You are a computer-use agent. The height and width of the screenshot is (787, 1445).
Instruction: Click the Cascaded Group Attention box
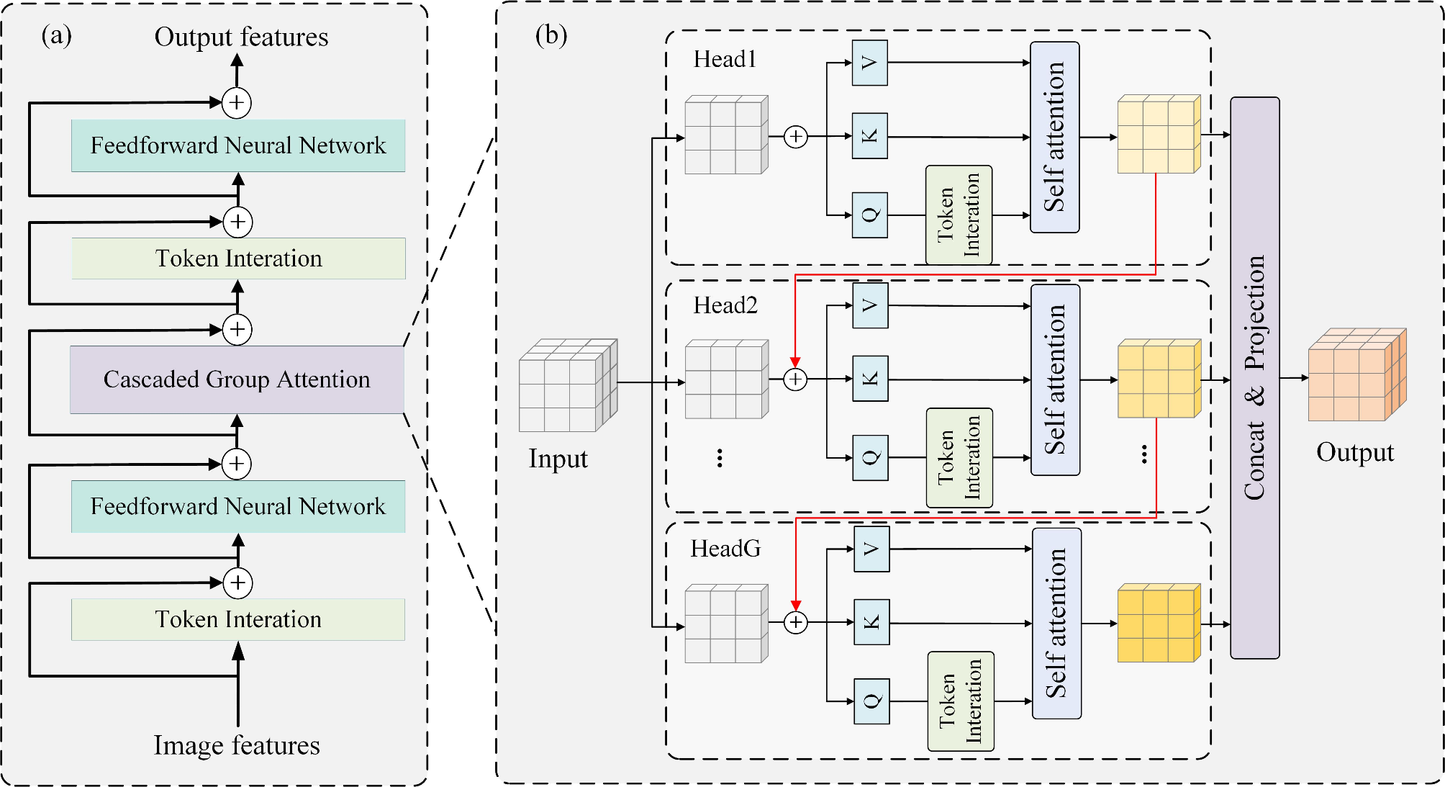[237, 379]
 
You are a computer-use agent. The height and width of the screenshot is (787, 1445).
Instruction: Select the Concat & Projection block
[1254, 378]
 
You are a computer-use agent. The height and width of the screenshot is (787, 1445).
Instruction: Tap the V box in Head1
[869, 63]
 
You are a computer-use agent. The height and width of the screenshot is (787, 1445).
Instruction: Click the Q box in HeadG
[871, 701]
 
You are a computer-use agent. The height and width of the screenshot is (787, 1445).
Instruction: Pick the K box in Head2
[870, 379]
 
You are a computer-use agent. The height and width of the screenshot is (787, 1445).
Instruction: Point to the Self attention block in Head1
[1054, 137]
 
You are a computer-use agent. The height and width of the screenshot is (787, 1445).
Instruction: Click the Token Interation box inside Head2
[959, 457]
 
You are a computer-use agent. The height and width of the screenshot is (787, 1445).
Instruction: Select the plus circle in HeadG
[795, 622]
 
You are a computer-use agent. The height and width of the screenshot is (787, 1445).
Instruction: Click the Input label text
[558, 459]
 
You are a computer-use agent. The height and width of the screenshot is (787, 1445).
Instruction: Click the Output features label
[241, 37]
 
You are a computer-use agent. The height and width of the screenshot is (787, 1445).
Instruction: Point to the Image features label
[237, 745]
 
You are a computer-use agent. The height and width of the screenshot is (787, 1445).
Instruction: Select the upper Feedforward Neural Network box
[237, 145]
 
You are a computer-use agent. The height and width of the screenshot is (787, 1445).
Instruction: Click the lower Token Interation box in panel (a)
[237, 619]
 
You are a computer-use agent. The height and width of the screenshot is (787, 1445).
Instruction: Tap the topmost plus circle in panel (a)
[237, 102]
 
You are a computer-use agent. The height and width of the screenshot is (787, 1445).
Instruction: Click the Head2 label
[725, 305]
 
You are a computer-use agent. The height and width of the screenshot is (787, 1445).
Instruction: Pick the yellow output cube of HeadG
[1158, 624]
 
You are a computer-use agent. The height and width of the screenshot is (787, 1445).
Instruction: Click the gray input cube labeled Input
[567, 386]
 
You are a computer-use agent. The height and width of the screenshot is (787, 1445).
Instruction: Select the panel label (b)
[551, 35]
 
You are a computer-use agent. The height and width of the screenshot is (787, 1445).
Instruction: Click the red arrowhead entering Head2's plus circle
[795, 362]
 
